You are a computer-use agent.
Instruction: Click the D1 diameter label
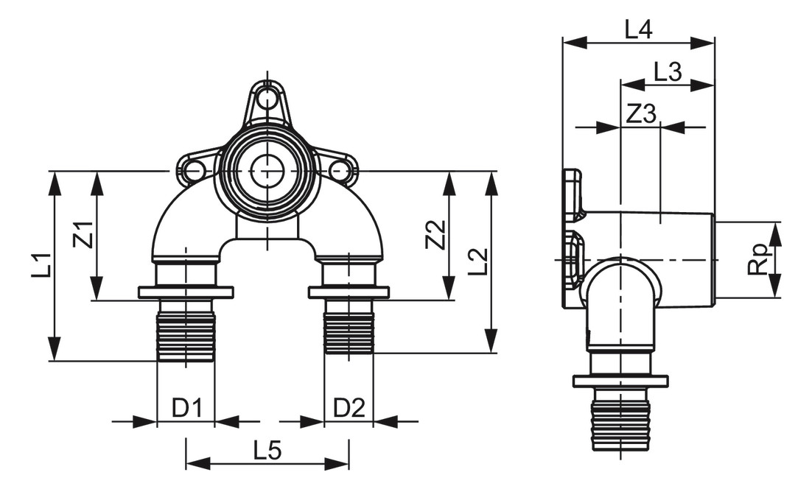click(x=186, y=407)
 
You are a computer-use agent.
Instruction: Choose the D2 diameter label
click(x=349, y=407)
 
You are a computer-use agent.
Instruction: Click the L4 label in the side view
click(x=638, y=29)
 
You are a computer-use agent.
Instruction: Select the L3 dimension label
click(x=667, y=71)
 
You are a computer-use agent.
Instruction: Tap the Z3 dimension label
click(x=640, y=113)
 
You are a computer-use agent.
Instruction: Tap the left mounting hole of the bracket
click(x=194, y=172)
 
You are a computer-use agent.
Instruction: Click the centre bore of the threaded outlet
click(x=266, y=172)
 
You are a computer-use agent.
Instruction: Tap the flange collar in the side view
click(x=620, y=381)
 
